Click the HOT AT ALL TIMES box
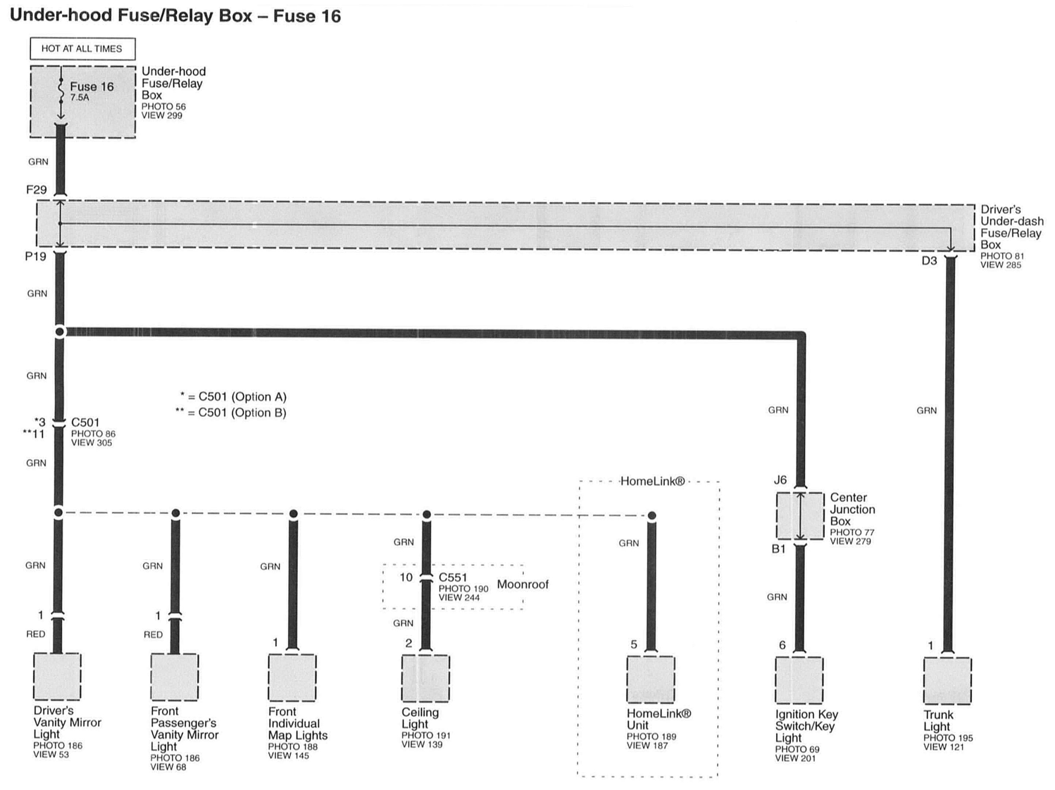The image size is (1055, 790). point(82,49)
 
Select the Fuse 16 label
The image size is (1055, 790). point(91,87)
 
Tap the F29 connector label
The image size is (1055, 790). point(36,190)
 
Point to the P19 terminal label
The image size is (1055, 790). point(35,257)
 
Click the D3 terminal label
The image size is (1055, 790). point(929,261)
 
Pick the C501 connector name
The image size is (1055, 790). point(85,423)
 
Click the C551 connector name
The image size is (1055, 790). point(453,578)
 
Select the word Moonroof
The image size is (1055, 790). point(523,584)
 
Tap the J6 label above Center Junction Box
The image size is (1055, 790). point(780,480)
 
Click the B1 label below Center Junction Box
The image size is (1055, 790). point(778,549)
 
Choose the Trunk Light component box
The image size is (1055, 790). point(947,681)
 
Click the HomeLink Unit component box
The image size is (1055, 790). point(651,679)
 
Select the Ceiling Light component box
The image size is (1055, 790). point(425,678)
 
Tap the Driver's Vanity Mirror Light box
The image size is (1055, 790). point(57,677)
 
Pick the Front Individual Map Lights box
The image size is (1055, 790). point(292,677)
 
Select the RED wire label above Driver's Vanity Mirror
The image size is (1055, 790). point(36,634)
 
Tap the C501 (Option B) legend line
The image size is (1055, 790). point(231,413)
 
